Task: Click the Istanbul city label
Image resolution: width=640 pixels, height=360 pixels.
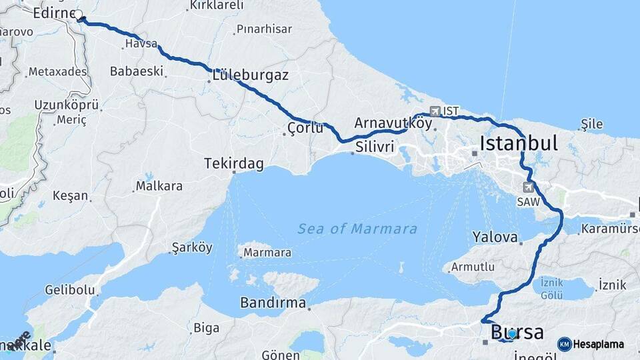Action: click(x=518, y=143)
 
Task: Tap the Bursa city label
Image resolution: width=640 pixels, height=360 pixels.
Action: click(x=517, y=332)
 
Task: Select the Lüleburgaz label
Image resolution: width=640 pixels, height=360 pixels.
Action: click(x=251, y=75)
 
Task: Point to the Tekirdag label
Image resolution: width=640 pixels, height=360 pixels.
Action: click(x=234, y=163)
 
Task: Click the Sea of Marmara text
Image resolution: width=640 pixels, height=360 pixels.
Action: click(x=357, y=229)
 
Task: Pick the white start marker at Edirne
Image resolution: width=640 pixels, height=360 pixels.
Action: click(x=79, y=15)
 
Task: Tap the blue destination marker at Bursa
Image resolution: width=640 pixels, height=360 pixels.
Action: click(x=511, y=333)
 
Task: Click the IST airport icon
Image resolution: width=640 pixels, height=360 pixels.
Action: click(x=435, y=111)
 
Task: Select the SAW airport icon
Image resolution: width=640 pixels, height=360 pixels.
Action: click(x=529, y=187)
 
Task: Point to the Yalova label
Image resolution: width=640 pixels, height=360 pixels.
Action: click(x=495, y=237)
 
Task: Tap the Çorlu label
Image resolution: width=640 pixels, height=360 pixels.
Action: click(x=305, y=127)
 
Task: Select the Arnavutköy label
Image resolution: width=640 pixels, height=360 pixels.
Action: click(x=393, y=123)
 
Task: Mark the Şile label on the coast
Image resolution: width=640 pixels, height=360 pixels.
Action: click(x=592, y=124)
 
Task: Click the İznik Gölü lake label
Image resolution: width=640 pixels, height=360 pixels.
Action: click(x=551, y=288)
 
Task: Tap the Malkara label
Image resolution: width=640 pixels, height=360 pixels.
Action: click(x=159, y=186)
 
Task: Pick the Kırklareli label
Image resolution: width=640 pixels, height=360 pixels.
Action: click(x=217, y=5)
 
